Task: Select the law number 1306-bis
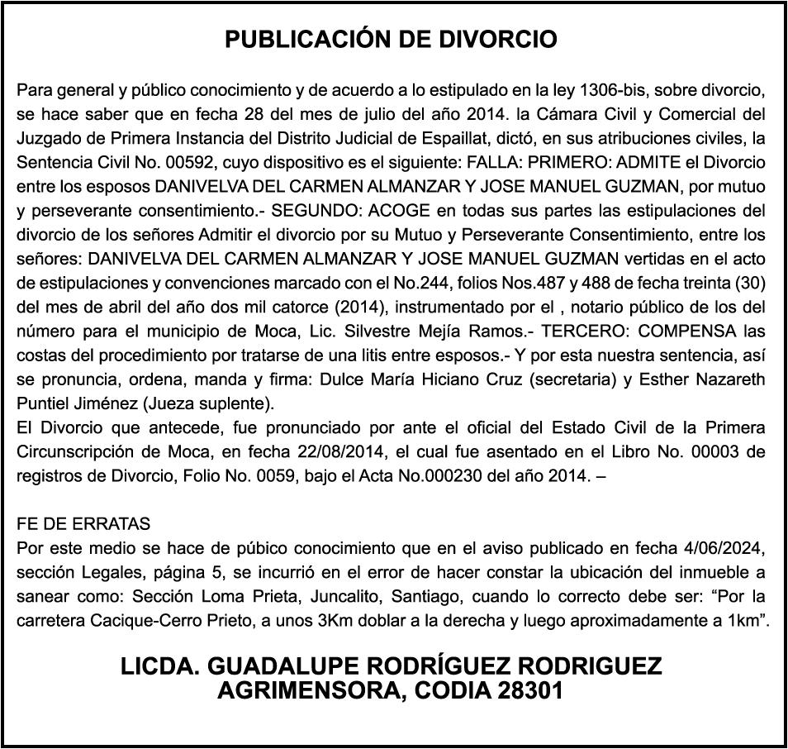click(x=615, y=88)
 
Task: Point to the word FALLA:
click(x=493, y=161)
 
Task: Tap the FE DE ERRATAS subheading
click(x=83, y=524)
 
